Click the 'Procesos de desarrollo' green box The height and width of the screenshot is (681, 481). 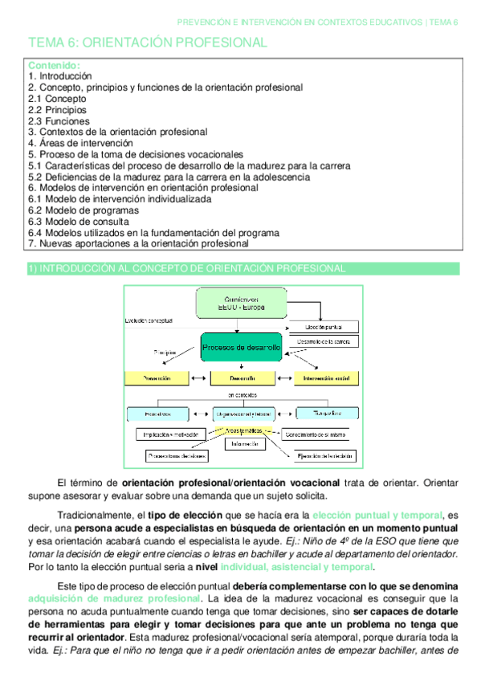[241, 347]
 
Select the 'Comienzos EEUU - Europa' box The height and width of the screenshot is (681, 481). [242, 304]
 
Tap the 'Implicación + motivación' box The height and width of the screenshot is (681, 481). [169, 434]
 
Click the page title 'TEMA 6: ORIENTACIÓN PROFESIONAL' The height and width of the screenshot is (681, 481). [148, 42]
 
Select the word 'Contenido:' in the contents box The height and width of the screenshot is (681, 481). [54, 64]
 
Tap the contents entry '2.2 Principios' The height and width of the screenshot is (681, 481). [58, 109]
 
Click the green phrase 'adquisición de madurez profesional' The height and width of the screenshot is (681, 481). [113, 599]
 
